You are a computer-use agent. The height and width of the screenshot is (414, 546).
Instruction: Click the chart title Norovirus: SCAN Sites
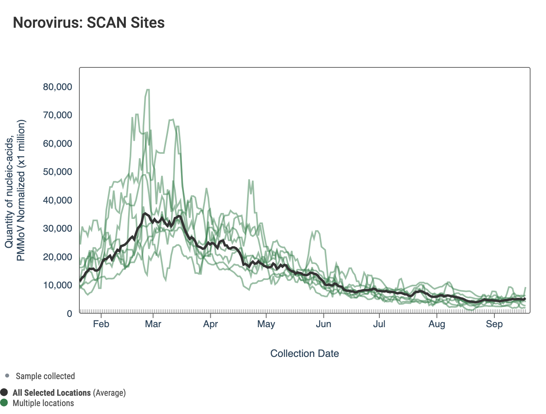[x=88, y=23]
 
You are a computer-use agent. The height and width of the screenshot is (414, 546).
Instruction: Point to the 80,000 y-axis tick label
[x=58, y=87]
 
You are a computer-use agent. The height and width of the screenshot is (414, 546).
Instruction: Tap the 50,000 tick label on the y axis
[x=58, y=172]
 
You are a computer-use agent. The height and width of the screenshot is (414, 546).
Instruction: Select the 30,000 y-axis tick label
[x=58, y=228]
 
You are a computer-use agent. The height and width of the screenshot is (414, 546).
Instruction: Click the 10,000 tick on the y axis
[x=58, y=285]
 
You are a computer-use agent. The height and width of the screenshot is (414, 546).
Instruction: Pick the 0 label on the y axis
[x=69, y=314]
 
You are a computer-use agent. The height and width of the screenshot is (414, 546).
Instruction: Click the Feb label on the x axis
[x=101, y=324]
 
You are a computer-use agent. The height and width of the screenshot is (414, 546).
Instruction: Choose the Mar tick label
[x=153, y=324]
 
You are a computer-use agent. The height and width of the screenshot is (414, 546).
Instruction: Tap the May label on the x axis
[x=266, y=324]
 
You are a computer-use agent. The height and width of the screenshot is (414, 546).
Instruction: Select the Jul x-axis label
[x=379, y=324]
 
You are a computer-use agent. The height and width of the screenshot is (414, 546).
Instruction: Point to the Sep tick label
[x=494, y=324]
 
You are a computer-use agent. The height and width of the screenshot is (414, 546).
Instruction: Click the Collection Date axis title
[x=304, y=353]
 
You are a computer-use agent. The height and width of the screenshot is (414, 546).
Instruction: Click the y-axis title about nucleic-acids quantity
[x=15, y=190]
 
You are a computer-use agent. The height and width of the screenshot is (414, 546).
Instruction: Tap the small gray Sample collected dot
[x=7, y=376]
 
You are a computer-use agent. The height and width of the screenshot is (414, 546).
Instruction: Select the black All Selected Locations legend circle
[x=4, y=393]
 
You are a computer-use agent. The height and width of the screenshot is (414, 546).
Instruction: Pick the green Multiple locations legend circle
[x=4, y=403]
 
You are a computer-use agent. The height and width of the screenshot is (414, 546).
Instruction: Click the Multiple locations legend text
[x=43, y=403]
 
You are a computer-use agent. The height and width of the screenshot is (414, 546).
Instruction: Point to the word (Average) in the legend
[x=109, y=393]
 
